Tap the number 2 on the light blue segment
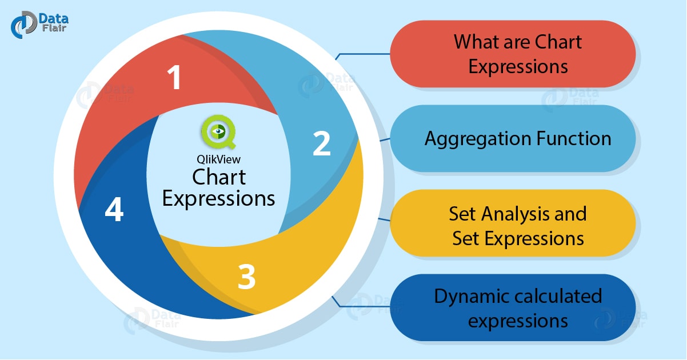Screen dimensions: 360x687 tap(322, 143)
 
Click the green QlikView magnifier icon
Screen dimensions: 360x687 tap(217, 133)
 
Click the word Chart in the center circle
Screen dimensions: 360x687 tap(218, 177)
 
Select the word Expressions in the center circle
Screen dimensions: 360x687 tap(218, 199)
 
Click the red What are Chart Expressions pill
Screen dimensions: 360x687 tap(512, 54)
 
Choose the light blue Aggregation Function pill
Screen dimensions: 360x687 tap(512, 139)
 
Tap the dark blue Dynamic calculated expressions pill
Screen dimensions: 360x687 tap(512, 308)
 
